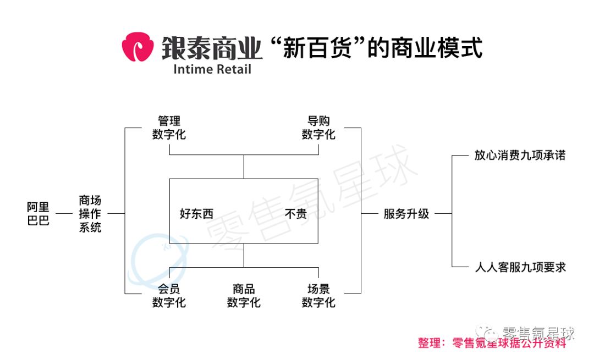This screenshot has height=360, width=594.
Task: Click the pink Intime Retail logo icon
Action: point(137,47)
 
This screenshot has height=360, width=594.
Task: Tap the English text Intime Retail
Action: point(212,70)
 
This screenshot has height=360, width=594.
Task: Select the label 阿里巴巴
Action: point(38,214)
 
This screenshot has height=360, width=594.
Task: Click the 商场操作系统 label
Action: point(90,214)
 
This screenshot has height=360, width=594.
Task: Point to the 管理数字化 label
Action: point(169,128)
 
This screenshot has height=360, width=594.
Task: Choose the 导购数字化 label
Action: point(318,128)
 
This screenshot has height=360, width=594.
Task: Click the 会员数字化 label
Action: point(169,296)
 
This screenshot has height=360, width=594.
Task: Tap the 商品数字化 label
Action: point(244,296)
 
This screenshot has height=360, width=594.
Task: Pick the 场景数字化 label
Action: point(318,296)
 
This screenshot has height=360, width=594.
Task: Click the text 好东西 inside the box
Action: point(196,214)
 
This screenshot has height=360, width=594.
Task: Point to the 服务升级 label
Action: point(406,214)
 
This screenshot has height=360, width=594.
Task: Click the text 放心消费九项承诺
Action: point(520,156)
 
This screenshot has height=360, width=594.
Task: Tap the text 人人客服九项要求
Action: point(520,268)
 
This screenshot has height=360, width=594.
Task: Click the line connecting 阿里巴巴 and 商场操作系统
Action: point(64,213)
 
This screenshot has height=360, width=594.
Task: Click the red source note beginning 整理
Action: point(492,343)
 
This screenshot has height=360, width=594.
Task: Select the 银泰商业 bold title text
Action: point(212,48)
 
